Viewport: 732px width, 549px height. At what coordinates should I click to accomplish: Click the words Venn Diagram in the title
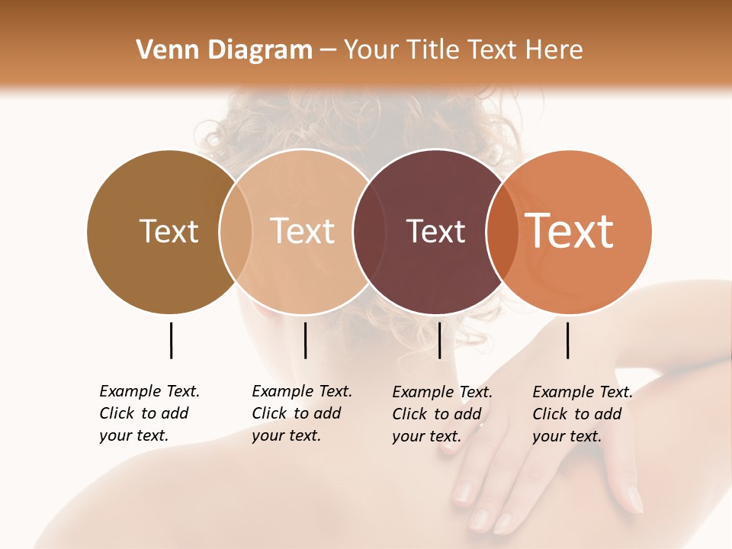tap(224, 50)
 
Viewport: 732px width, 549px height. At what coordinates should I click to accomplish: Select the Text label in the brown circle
tap(169, 231)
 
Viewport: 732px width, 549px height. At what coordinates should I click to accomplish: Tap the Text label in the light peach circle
tap(303, 231)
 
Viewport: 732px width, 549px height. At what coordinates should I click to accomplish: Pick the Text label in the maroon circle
tap(435, 231)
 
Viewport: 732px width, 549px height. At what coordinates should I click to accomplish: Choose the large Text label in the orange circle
tap(570, 231)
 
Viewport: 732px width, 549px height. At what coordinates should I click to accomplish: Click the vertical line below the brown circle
tap(172, 340)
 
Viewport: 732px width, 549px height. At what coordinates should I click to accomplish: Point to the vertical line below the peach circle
tap(305, 340)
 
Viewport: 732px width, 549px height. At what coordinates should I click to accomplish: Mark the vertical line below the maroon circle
tap(440, 340)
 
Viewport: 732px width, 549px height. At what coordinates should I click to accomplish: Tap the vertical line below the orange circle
tap(568, 340)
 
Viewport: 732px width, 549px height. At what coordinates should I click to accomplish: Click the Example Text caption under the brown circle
tap(149, 413)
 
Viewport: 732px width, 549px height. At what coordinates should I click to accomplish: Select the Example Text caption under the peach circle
tap(302, 413)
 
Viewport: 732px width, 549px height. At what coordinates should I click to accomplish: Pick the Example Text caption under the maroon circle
tap(442, 414)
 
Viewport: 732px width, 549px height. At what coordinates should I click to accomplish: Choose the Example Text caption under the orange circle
tap(583, 414)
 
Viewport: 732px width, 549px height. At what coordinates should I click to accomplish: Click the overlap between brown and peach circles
tap(236, 231)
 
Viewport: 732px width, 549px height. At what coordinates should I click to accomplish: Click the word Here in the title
tap(556, 50)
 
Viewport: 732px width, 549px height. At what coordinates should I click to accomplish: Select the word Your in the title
tap(371, 50)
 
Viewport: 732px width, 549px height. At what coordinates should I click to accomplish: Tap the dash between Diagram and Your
tap(328, 50)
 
